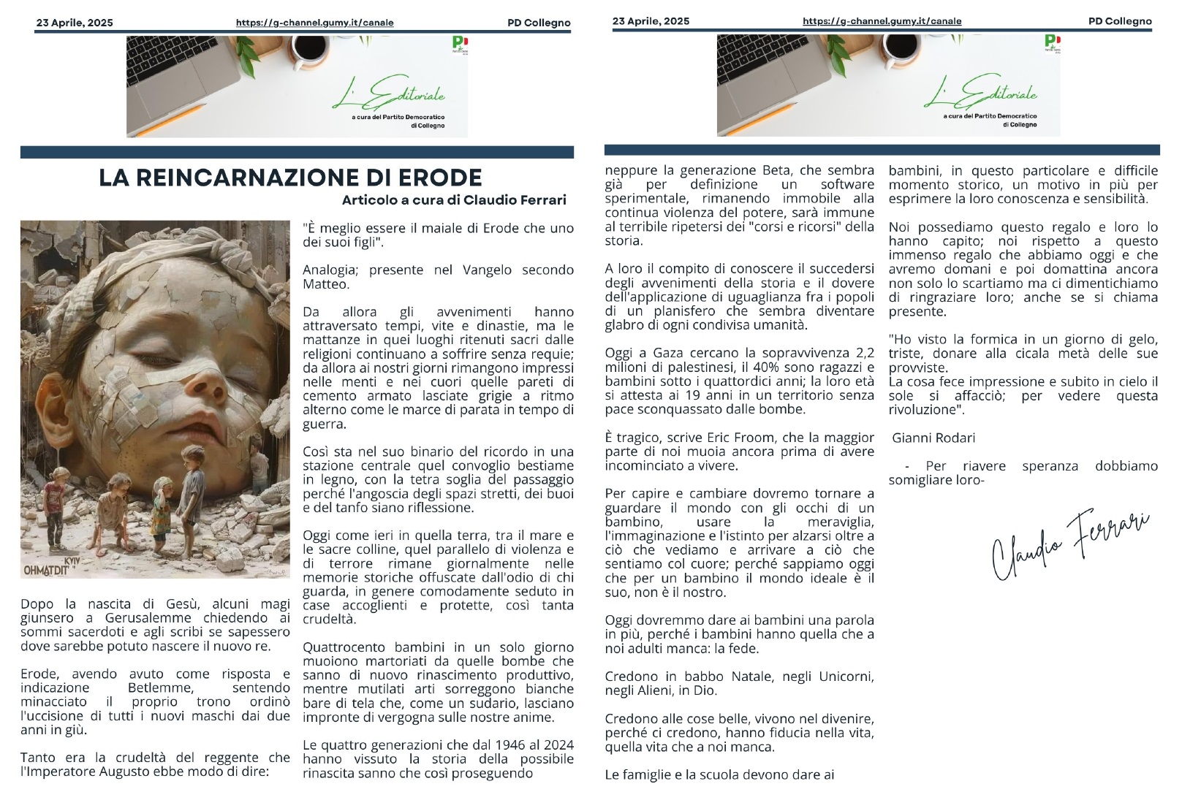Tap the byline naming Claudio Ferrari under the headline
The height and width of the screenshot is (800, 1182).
pos(454,200)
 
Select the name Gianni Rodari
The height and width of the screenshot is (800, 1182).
pos(933,438)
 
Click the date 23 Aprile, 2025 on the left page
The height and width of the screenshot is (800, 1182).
pos(75,23)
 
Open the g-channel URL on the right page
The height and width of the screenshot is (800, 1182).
pos(882,21)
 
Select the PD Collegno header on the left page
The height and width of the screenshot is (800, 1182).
pos(539,23)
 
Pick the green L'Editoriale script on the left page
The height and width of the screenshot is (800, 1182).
pos(390,94)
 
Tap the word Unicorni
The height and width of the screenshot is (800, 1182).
pos(846,677)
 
